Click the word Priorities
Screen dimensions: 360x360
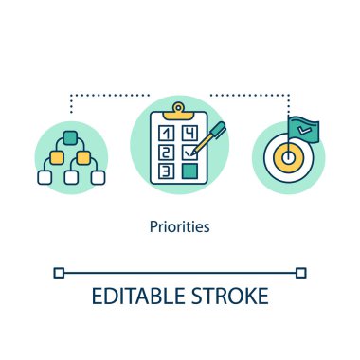pos(180,228)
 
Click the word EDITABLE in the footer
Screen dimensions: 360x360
pos(135,296)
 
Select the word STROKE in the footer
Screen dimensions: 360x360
pos(227,296)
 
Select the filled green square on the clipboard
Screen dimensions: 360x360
pos(190,171)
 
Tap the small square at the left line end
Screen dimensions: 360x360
pos(60,273)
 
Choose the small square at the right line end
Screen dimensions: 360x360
pos(300,273)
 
